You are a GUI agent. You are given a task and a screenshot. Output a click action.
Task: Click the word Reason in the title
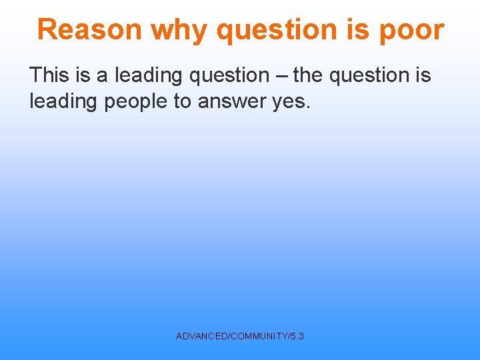[89, 30]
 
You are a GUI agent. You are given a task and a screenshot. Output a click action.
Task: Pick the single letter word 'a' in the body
[103, 75]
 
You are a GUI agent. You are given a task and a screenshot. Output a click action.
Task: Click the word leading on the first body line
[149, 75]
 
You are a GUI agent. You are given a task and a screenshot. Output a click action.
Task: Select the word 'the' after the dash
[307, 75]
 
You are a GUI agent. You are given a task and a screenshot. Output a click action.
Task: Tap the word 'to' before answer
[182, 101]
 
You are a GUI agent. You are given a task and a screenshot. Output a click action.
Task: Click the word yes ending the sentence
[291, 101]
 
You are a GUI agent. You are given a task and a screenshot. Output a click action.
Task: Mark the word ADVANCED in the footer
[201, 337]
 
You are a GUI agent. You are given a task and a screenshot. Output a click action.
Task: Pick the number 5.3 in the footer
[297, 337]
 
